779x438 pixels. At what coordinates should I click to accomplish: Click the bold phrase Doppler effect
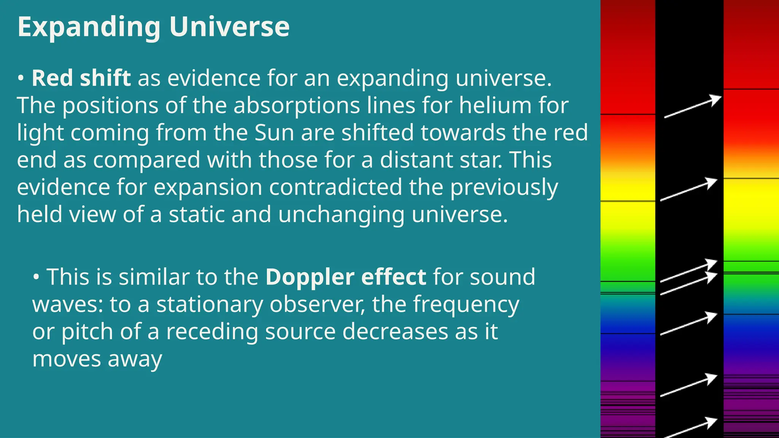point(345,277)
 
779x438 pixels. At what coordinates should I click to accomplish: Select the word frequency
point(466,305)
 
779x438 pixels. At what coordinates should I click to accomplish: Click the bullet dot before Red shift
point(21,78)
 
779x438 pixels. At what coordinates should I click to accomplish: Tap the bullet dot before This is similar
point(36,277)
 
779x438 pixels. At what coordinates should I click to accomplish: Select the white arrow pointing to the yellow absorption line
point(689,189)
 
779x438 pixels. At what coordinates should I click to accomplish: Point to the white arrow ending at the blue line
point(689,324)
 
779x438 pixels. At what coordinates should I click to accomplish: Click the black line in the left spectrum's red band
point(628,114)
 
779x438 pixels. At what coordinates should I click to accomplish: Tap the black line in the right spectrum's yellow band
point(751,178)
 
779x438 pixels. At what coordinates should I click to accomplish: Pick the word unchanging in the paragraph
point(341,214)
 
